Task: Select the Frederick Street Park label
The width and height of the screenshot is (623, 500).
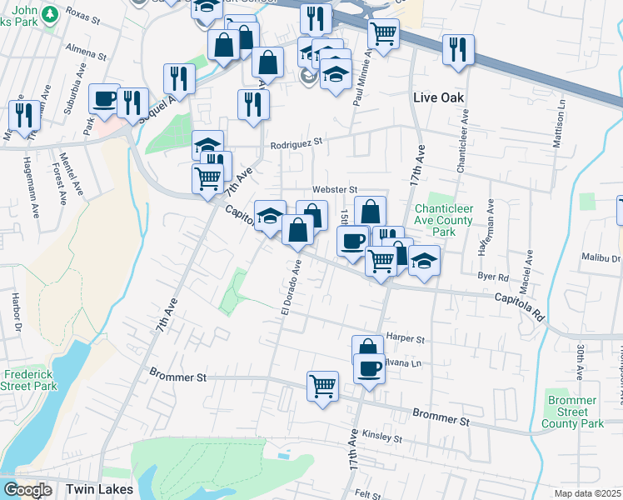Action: [28, 380]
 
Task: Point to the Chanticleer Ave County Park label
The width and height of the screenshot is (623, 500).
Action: [444, 220]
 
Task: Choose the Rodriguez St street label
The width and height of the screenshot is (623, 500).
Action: [296, 143]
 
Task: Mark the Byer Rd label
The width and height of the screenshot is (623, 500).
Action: [492, 277]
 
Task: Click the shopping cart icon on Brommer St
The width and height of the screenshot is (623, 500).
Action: [322, 386]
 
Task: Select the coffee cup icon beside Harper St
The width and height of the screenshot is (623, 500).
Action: [369, 367]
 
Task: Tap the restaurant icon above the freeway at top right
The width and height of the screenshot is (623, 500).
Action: [457, 49]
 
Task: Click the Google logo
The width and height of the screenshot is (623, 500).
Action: [27, 490]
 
